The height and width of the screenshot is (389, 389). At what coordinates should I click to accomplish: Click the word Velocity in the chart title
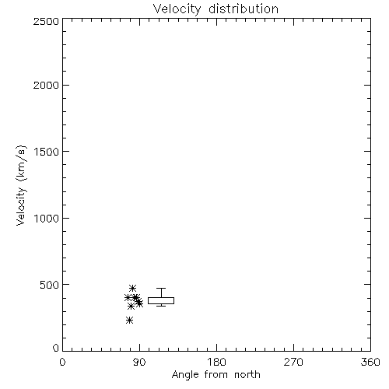pyautogui.click(x=177, y=9)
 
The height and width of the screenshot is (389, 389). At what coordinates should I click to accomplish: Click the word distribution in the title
pyautogui.click(x=244, y=9)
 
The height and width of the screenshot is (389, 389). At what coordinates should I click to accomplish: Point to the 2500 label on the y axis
pyautogui.click(x=46, y=21)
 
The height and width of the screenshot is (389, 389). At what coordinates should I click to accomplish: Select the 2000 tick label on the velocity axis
pyautogui.click(x=46, y=85)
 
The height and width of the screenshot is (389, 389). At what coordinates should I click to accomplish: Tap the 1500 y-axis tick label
pyautogui.click(x=47, y=152)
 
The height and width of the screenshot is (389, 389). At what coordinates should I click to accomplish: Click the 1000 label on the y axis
pyautogui.click(x=47, y=219)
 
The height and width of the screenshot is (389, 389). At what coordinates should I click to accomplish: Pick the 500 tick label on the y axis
pyautogui.click(x=50, y=285)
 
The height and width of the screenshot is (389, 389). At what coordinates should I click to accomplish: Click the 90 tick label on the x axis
pyautogui.click(x=139, y=362)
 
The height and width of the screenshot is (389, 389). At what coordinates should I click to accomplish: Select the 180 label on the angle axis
pyautogui.click(x=216, y=362)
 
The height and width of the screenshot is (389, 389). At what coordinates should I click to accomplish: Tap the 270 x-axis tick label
pyautogui.click(x=293, y=362)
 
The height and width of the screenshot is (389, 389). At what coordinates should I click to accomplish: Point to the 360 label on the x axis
pyautogui.click(x=370, y=362)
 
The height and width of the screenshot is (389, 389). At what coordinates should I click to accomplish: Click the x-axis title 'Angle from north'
pyautogui.click(x=216, y=375)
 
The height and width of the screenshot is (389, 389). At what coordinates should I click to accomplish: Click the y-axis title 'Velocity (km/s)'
pyautogui.click(x=21, y=185)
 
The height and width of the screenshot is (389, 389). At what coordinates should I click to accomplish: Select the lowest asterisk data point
pyautogui.click(x=129, y=321)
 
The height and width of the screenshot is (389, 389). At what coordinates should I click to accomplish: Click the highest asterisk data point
pyautogui.click(x=132, y=288)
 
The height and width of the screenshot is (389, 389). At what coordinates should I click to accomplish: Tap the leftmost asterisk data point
pyautogui.click(x=128, y=297)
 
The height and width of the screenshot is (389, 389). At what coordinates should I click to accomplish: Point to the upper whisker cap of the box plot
pyautogui.click(x=161, y=288)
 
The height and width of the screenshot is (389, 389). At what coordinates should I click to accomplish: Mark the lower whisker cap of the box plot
pyautogui.click(x=161, y=306)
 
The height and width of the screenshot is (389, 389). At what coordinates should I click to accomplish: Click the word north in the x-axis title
pyautogui.click(x=247, y=375)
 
